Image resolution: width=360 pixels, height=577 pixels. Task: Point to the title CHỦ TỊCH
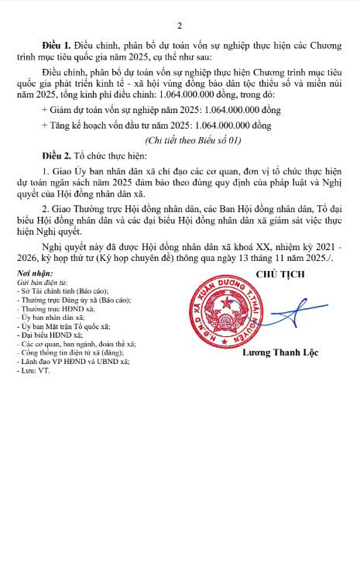point(279,274)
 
